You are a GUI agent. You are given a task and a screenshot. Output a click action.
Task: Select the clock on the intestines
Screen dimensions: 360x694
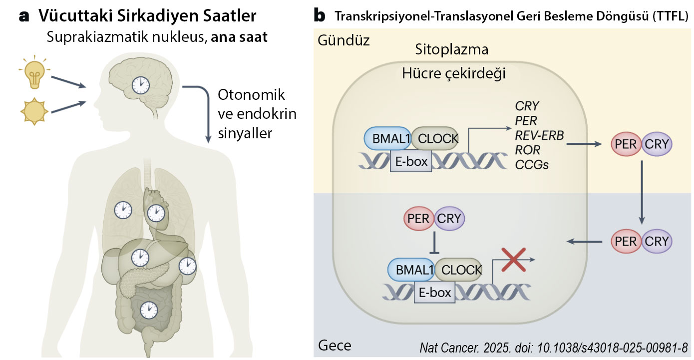[x=148, y=310]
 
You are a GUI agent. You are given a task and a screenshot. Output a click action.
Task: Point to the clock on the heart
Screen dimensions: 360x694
[x=156, y=213]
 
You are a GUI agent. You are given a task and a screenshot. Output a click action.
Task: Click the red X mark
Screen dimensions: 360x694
[x=512, y=260]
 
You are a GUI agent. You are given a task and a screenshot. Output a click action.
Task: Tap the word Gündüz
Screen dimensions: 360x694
[x=344, y=40]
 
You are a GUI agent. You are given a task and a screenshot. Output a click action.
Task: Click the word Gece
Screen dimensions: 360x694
[x=334, y=346]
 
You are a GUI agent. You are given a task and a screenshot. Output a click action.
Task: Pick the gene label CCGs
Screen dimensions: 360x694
[x=532, y=164]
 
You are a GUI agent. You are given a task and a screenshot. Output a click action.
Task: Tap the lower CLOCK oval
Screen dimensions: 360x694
[x=458, y=270]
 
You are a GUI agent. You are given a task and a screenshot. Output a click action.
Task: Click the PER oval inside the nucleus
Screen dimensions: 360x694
[x=419, y=218]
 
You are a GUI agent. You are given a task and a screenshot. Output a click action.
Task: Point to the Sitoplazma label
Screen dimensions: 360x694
[x=451, y=50]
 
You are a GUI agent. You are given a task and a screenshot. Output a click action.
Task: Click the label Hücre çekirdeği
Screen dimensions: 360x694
[x=454, y=74]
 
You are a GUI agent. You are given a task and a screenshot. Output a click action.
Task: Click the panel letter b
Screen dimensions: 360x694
[x=320, y=16]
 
